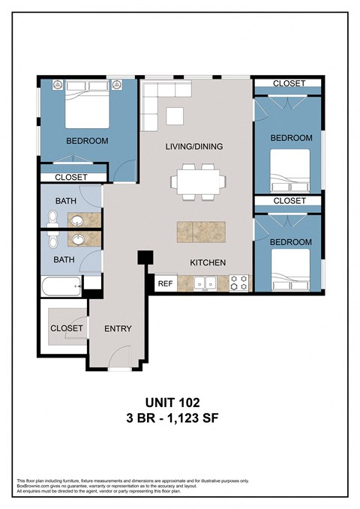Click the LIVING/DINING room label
pos(193,146)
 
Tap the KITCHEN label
pos(208,262)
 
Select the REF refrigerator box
pos(164,284)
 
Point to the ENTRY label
pos(118,328)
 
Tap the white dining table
pos(199,181)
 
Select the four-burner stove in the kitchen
pos(238,283)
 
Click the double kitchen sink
pos(205,283)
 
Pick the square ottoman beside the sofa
pos(175,115)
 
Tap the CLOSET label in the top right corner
pos(289,83)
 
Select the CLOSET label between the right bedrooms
pos(289,201)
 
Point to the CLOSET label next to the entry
pos(67,328)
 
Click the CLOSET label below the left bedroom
pos(72,178)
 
